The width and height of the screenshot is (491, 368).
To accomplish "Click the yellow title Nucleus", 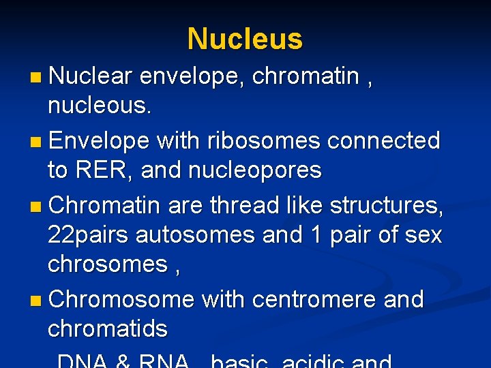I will point(245,39).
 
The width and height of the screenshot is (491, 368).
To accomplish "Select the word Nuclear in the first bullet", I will point(90,77).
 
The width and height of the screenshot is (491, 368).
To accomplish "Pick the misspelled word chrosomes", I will point(107,264).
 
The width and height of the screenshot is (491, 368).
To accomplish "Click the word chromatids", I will point(107,328).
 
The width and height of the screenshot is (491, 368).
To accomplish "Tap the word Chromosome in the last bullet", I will point(122,298).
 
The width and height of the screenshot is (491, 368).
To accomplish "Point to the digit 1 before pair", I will point(315,235).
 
